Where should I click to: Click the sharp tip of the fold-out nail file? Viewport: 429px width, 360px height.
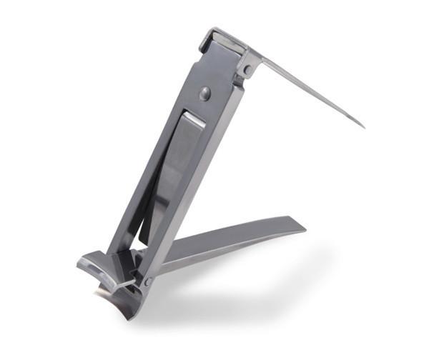pos(363,127)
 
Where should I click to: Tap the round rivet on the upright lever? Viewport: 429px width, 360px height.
pos(206,91)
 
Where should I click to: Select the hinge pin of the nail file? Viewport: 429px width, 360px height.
pos(247,70)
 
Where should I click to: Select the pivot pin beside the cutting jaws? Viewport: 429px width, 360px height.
pos(147,282)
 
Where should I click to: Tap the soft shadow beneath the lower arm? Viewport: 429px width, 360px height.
pos(236,286)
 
